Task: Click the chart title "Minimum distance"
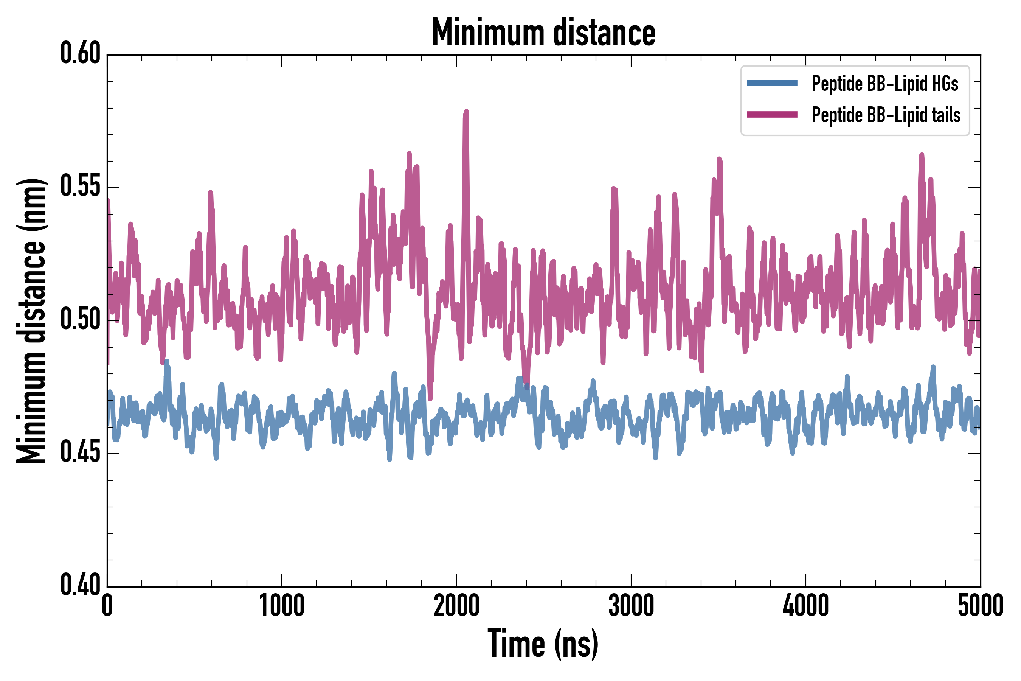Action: pos(543,33)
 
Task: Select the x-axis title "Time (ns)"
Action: pos(543,644)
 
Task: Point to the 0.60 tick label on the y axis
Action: pos(80,53)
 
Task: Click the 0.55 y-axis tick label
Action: pos(80,187)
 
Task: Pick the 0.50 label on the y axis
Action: pos(80,320)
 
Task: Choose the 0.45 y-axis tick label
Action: pos(80,453)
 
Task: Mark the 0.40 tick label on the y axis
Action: pos(80,585)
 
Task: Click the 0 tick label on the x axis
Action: pos(107,606)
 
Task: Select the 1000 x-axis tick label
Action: pos(282,606)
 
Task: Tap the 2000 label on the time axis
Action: pos(456,606)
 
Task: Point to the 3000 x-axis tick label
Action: pos(631,606)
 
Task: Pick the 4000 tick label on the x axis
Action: pos(806,606)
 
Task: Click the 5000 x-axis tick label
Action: pos(980,606)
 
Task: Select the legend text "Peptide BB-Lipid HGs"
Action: pos(885,83)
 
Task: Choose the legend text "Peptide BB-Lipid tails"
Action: pos(886,115)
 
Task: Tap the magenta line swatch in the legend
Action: pos(772,115)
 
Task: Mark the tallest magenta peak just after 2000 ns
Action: pos(467,112)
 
